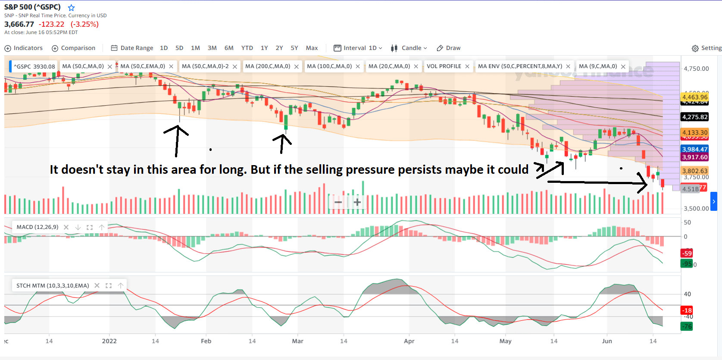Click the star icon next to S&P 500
pyautogui.click(x=72, y=7)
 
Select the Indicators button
pyautogui.click(x=24, y=48)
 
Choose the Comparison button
pyautogui.click(x=73, y=48)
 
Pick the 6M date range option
pyautogui.click(x=229, y=48)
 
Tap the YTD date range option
pyautogui.click(x=247, y=48)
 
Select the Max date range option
pyautogui.click(x=312, y=48)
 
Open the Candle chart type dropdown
pyautogui.click(x=409, y=48)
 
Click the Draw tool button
pyautogui.click(x=449, y=48)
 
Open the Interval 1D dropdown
pyautogui.click(x=358, y=48)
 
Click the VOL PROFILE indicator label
pyautogui.click(x=444, y=66)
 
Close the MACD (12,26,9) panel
pyautogui.click(x=66, y=227)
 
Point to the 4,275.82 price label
pyautogui.click(x=694, y=117)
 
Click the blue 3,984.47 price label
pyautogui.click(x=694, y=149)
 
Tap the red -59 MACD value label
pyautogui.click(x=686, y=253)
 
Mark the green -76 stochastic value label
pyautogui.click(x=687, y=326)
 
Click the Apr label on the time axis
pyautogui.click(x=409, y=341)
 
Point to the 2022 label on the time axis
pyautogui.click(x=109, y=341)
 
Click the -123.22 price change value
pyautogui.click(x=51, y=25)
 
